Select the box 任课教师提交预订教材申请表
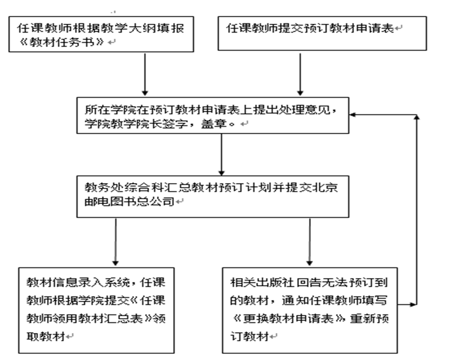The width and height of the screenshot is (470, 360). pos(322,33)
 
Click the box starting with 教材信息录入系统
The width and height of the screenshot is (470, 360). pos(95,310)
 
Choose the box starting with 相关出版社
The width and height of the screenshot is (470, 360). pos(310,310)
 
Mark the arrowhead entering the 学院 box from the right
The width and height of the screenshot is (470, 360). pos(354,115)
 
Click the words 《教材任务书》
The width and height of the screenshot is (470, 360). pos(60,42)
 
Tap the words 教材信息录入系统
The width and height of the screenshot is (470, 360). pos(56,283)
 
